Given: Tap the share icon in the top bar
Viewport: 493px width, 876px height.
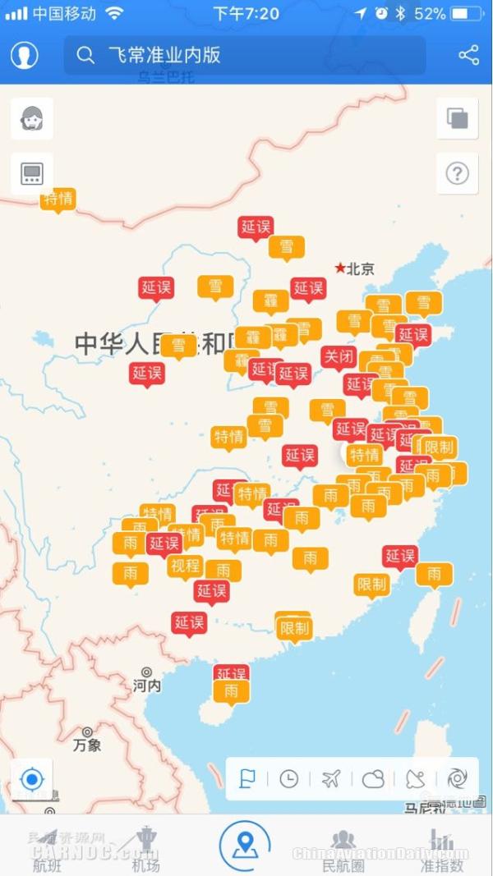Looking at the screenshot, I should (x=468, y=55).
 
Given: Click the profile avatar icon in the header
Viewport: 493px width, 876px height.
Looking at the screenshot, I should (x=25, y=55).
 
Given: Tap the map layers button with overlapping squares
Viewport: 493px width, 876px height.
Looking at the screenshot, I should (x=457, y=118).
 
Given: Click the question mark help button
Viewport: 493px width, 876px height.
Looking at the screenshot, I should (x=457, y=173).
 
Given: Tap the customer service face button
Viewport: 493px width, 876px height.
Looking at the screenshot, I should (x=32, y=118).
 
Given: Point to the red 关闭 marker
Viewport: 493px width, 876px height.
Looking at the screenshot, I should (x=338, y=357).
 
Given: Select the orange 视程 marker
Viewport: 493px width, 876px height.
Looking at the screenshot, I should (x=185, y=565).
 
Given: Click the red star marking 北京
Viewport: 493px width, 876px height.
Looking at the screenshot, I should (x=340, y=268).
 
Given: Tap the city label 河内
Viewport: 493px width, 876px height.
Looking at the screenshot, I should (x=147, y=686).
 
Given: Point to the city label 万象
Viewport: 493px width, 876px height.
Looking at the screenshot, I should (x=87, y=745).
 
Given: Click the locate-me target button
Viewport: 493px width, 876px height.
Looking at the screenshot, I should (x=32, y=778).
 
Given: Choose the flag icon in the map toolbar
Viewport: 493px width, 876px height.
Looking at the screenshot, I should (x=246, y=778).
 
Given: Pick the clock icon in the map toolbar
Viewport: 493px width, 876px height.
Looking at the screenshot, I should (x=288, y=778).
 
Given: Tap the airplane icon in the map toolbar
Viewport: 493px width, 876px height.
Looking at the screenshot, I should (x=331, y=778).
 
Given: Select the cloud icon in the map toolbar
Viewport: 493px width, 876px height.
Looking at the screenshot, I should (x=373, y=778).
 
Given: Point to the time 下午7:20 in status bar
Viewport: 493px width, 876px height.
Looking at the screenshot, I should (x=246, y=14).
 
